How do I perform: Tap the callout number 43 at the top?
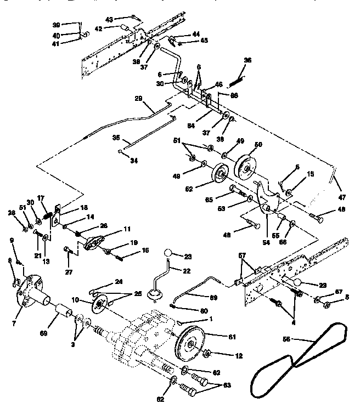[x=110, y=20]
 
